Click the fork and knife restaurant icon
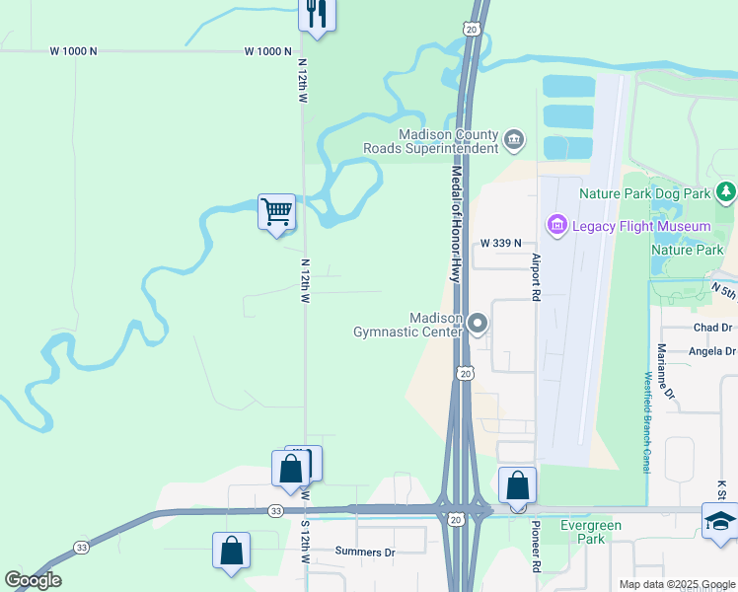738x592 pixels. tap(316, 14)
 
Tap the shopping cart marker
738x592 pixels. tap(276, 211)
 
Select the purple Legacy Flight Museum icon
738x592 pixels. tap(556, 226)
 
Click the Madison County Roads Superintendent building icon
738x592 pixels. tap(513, 140)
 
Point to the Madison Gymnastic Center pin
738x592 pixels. tap(479, 324)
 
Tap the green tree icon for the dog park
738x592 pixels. tap(726, 191)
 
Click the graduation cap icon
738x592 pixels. tap(720, 521)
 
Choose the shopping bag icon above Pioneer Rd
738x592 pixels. tap(517, 485)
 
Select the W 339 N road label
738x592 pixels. tap(500, 243)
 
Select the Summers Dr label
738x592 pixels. tap(364, 552)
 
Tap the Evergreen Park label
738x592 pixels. tap(591, 533)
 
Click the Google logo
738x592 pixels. tap(33, 580)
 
